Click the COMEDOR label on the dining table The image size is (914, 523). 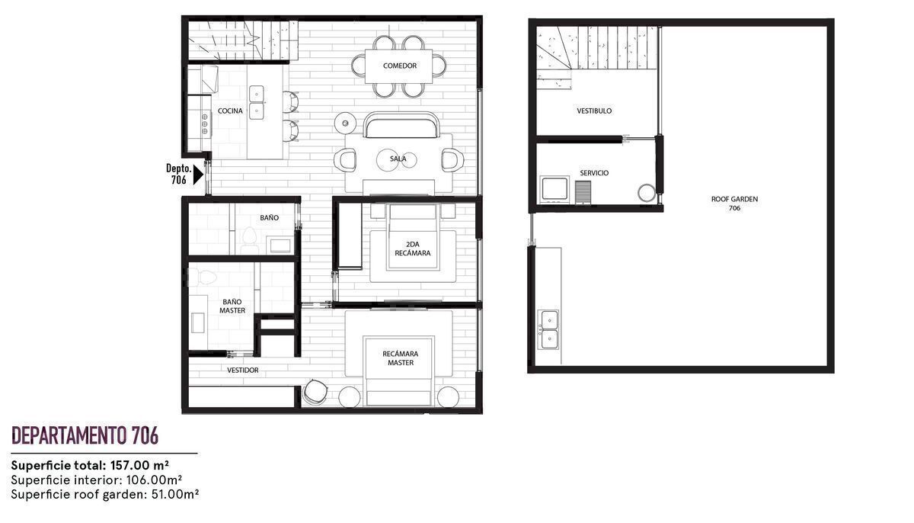399,66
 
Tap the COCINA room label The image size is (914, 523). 230,111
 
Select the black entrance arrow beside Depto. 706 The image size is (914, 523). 198,175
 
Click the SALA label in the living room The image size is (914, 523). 398,159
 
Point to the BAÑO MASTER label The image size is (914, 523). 232,306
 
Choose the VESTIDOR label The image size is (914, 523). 243,371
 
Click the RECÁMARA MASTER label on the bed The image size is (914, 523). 401,358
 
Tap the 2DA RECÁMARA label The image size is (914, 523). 413,249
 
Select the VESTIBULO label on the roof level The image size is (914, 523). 594,111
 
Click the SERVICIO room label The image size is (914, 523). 594,173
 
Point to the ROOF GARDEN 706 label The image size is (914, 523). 734,204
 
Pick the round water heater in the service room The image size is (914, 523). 647,193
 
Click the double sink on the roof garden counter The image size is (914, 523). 549,329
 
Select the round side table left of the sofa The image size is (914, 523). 345,123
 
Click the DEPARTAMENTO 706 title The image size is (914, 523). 85,435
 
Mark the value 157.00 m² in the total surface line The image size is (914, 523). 139,465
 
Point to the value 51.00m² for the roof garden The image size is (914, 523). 175,495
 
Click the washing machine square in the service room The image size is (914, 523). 554,189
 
